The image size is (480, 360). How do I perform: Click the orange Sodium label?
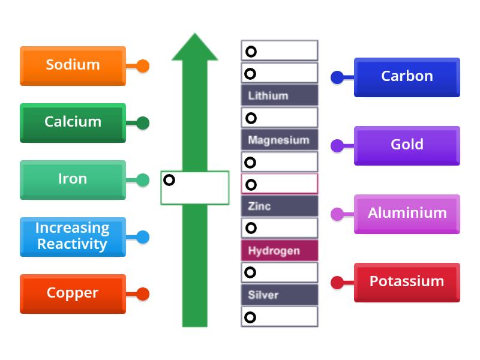click(73, 65)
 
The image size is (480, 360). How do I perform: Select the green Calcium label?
click(73, 122)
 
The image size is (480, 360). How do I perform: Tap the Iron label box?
click(73, 179)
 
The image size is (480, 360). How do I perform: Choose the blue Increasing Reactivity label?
click(73, 236)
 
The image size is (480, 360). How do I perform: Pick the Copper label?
click(73, 293)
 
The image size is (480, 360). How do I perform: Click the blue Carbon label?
click(407, 77)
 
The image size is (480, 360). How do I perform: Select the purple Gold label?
click(407, 145)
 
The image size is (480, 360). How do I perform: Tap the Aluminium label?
click(407, 214)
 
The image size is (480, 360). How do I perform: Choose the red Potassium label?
click(407, 282)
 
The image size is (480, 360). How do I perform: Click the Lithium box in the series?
click(280, 95)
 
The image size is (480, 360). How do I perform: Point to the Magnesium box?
click(280, 140)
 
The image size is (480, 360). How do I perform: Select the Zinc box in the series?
click(280, 206)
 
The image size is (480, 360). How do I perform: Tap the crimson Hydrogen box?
click(280, 250)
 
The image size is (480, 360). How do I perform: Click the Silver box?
click(280, 295)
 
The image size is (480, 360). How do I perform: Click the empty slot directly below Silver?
click(280, 317)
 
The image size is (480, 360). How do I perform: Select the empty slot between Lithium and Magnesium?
click(280, 118)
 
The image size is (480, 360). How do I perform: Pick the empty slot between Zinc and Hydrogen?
click(280, 228)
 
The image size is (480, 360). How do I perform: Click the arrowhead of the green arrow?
click(195, 48)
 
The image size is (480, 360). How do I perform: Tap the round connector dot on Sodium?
click(142, 66)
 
